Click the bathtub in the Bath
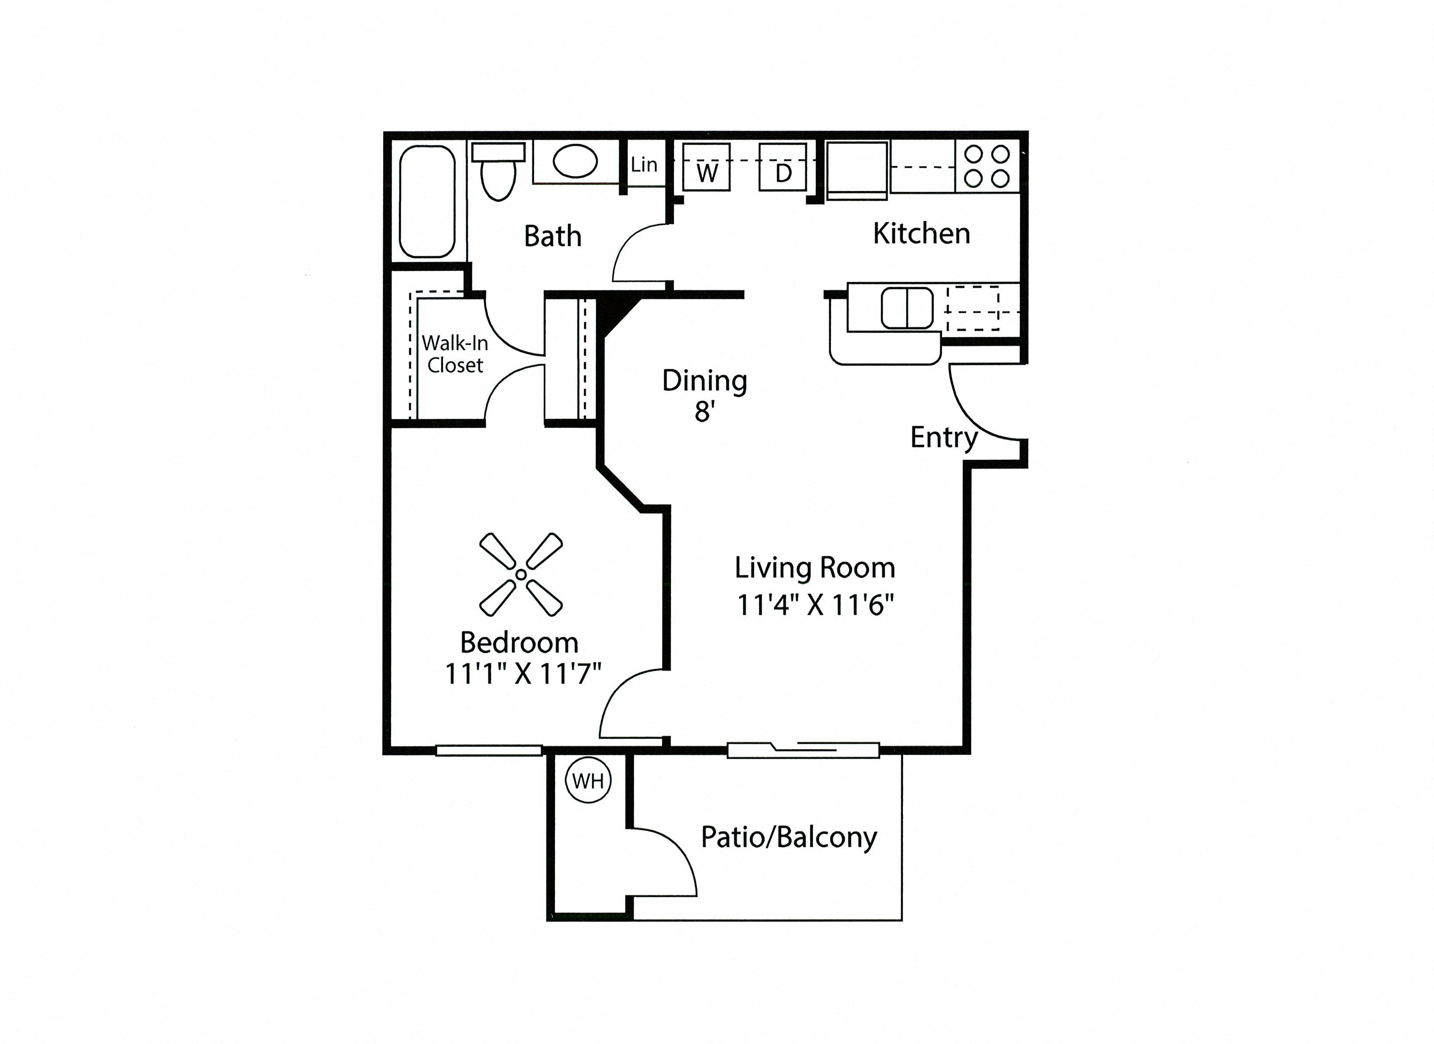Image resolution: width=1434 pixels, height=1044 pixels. click(427, 201)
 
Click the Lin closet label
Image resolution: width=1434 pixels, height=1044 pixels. click(643, 165)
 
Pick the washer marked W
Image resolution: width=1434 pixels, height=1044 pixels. click(706, 168)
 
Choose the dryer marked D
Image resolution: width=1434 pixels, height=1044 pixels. click(783, 168)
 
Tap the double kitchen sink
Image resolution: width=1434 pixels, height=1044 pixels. click(907, 308)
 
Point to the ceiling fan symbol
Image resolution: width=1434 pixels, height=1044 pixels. click(520, 574)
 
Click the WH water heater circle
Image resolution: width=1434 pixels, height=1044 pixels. click(588, 781)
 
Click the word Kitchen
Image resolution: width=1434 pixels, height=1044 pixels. click(921, 234)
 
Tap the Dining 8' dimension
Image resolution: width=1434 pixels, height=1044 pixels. click(704, 412)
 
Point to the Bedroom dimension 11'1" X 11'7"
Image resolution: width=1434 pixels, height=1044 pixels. click(522, 673)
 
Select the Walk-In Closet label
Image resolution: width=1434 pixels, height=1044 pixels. click(455, 354)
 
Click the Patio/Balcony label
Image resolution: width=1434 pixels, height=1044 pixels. click(788, 838)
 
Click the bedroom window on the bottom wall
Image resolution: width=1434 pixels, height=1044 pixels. click(489, 750)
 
